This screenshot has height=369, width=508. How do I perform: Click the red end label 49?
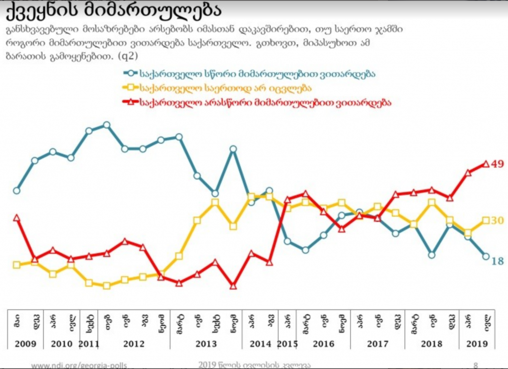point(497,164)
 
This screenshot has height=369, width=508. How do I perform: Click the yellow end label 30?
point(497,220)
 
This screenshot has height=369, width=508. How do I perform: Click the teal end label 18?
point(497,261)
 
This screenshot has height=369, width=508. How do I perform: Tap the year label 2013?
point(206,343)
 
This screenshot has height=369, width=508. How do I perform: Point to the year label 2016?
point(323,343)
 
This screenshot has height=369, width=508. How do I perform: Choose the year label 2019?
point(477,343)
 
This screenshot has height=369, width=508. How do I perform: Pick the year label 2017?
point(378,343)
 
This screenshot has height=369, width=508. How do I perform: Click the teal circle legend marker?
point(130,73)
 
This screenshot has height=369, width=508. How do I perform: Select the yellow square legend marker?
point(130,88)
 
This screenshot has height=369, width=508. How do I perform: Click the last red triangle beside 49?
point(486,163)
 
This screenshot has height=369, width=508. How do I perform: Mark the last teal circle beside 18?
point(486,256)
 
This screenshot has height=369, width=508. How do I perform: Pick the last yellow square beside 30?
point(486,220)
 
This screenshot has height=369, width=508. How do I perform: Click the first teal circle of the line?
point(16,190)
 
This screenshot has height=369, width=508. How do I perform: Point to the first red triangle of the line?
point(16,217)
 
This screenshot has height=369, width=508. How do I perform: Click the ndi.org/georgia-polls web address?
point(79,365)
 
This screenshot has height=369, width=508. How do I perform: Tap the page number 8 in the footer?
point(475,365)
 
